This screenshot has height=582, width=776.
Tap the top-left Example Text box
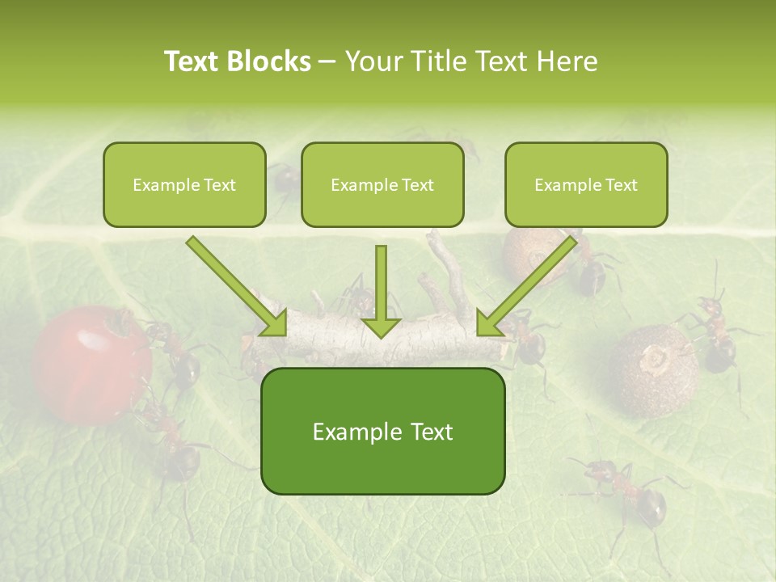tap(184, 185)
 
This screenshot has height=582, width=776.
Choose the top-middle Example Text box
tap(382, 185)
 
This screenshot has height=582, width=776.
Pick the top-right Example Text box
tap(586, 185)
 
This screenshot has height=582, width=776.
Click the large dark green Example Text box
tap(382, 432)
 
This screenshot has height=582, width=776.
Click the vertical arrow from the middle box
tap(381, 291)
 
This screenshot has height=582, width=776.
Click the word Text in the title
tap(195, 61)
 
